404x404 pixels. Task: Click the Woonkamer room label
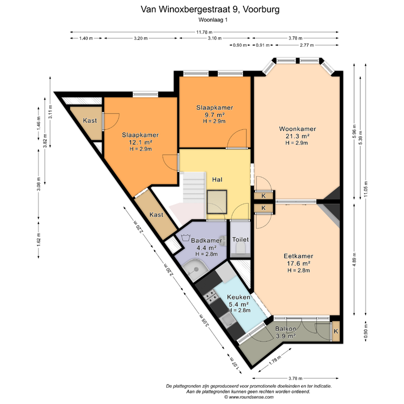pos(297,129)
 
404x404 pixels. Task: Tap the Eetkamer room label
pos(298,256)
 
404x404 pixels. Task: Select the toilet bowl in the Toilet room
pos(240,249)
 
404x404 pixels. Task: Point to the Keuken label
pos(238,297)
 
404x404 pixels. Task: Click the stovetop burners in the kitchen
pos(211,296)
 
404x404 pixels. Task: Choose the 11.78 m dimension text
pos(204,32)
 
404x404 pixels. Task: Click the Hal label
pos(217,179)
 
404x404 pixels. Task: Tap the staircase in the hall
pos(194,188)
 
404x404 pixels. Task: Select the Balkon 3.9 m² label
pos(286,332)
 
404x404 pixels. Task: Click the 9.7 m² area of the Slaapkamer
pos(215,115)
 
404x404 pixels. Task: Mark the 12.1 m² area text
pos(140,142)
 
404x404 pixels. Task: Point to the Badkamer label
pos(206,240)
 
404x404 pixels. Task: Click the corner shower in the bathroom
pos(195,269)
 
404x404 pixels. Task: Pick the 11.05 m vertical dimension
pos(366,189)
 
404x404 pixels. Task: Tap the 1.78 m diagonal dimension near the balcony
pos(275,360)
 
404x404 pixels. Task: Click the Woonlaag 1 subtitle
pos(213,19)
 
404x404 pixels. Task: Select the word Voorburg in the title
pos(261,9)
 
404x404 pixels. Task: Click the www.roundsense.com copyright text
pos(249,397)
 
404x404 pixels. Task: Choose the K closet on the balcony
pos(336,331)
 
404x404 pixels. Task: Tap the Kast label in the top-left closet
pos(90,120)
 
